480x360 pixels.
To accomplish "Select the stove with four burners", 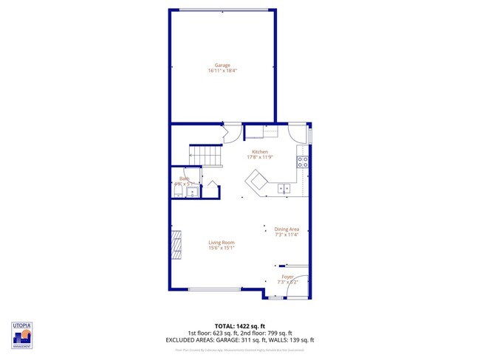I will [x=303, y=163].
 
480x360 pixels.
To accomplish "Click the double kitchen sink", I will [x=284, y=189].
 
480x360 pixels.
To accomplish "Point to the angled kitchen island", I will [x=258, y=181].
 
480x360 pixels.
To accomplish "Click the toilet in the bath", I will [x=177, y=193].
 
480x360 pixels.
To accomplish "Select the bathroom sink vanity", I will [x=191, y=193].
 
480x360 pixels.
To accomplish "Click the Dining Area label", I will [x=287, y=230].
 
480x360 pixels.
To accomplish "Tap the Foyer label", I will [x=287, y=277].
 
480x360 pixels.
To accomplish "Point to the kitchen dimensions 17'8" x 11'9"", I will [x=259, y=157].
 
